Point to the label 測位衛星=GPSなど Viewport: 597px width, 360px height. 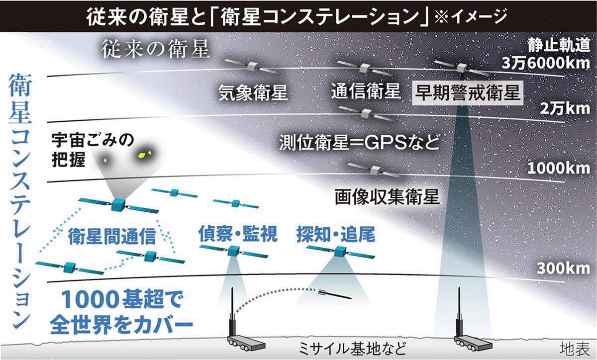(x=359, y=143)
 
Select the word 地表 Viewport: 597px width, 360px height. (x=574, y=348)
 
